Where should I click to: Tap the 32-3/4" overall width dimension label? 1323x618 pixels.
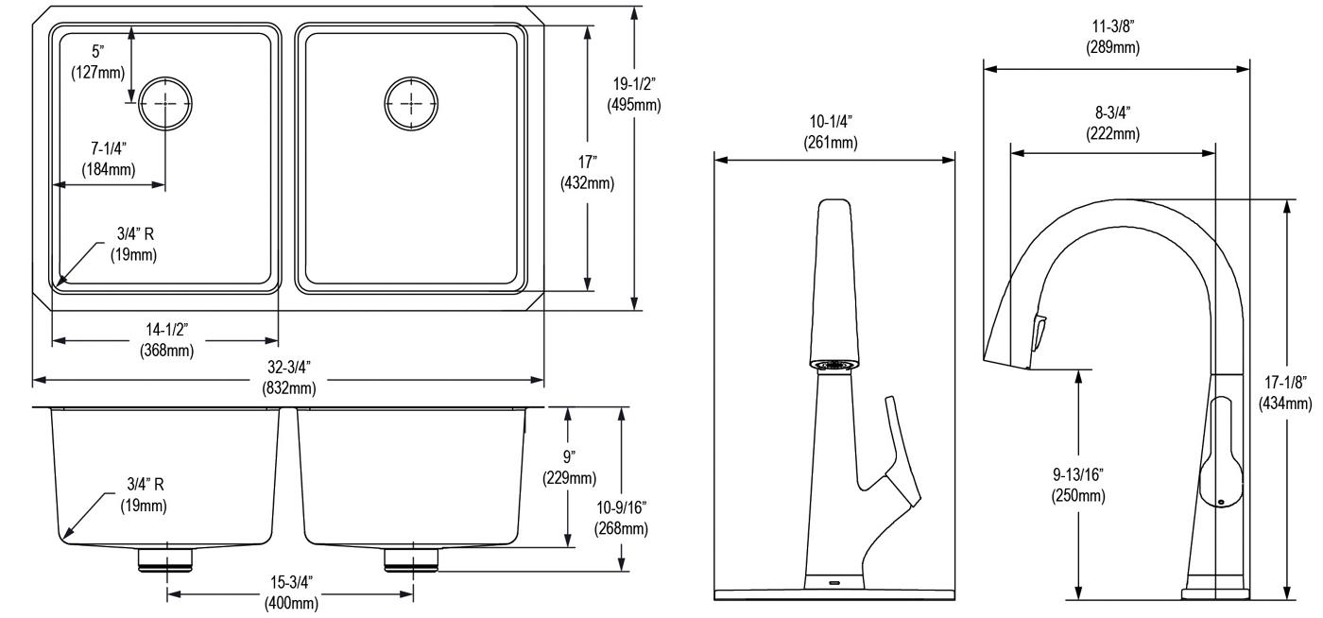pyautogui.click(x=289, y=378)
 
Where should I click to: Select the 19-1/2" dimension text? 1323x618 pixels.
pyautogui.click(x=634, y=94)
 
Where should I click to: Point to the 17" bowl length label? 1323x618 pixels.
pyautogui.click(x=587, y=173)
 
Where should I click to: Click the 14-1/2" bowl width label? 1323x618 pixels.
pyautogui.click(x=167, y=340)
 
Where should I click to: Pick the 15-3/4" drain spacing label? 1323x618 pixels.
pyautogui.click(x=291, y=592)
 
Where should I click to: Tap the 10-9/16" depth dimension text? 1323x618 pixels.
pyautogui.click(x=622, y=518)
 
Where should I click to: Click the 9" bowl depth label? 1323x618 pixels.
pyautogui.click(x=569, y=467)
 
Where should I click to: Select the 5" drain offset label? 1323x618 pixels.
pyautogui.click(x=98, y=61)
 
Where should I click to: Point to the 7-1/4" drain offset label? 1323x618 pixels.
pyautogui.click(x=109, y=159)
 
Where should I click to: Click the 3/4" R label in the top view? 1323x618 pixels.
pyautogui.click(x=134, y=244)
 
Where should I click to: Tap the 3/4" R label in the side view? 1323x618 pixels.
pyautogui.click(x=144, y=494)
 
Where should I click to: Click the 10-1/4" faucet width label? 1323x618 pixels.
pyautogui.click(x=831, y=131)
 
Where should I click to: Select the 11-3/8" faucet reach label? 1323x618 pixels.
pyautogui.click(x=1113, y=37)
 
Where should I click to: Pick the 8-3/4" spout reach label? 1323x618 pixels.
pyautogui.click(x=1113, y=123)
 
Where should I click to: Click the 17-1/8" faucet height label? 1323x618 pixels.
pyautogui.click(x=1285, y=392)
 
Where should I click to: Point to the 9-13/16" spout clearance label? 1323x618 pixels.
pyautogui.click(x=1078, y=485)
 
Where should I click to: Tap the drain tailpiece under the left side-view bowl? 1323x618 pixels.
pyautogui.click(x=166, y=559)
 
